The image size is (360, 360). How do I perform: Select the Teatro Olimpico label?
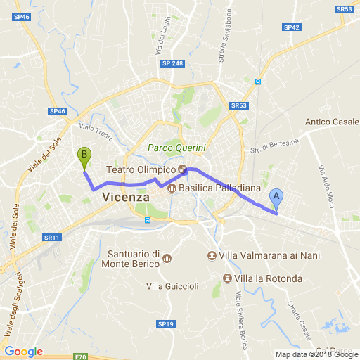point(140,170)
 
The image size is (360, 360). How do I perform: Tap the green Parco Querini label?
point(176,148)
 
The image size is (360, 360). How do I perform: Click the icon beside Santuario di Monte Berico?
point(167,259)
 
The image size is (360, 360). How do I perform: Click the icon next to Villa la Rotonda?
point(227,278)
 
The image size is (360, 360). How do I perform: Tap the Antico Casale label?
point(332,122)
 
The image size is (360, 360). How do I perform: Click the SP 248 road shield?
point(172,63)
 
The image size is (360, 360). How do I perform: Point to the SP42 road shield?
point(291,27)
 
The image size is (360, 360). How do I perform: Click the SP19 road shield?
point(165,324)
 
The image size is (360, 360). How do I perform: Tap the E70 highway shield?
point(80,356)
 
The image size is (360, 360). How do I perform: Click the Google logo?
point(23,351)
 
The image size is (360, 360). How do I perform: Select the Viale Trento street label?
point(95,131)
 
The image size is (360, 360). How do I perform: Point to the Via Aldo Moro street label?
point(327,186)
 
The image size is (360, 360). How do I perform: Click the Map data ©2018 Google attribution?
point(316,354)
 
